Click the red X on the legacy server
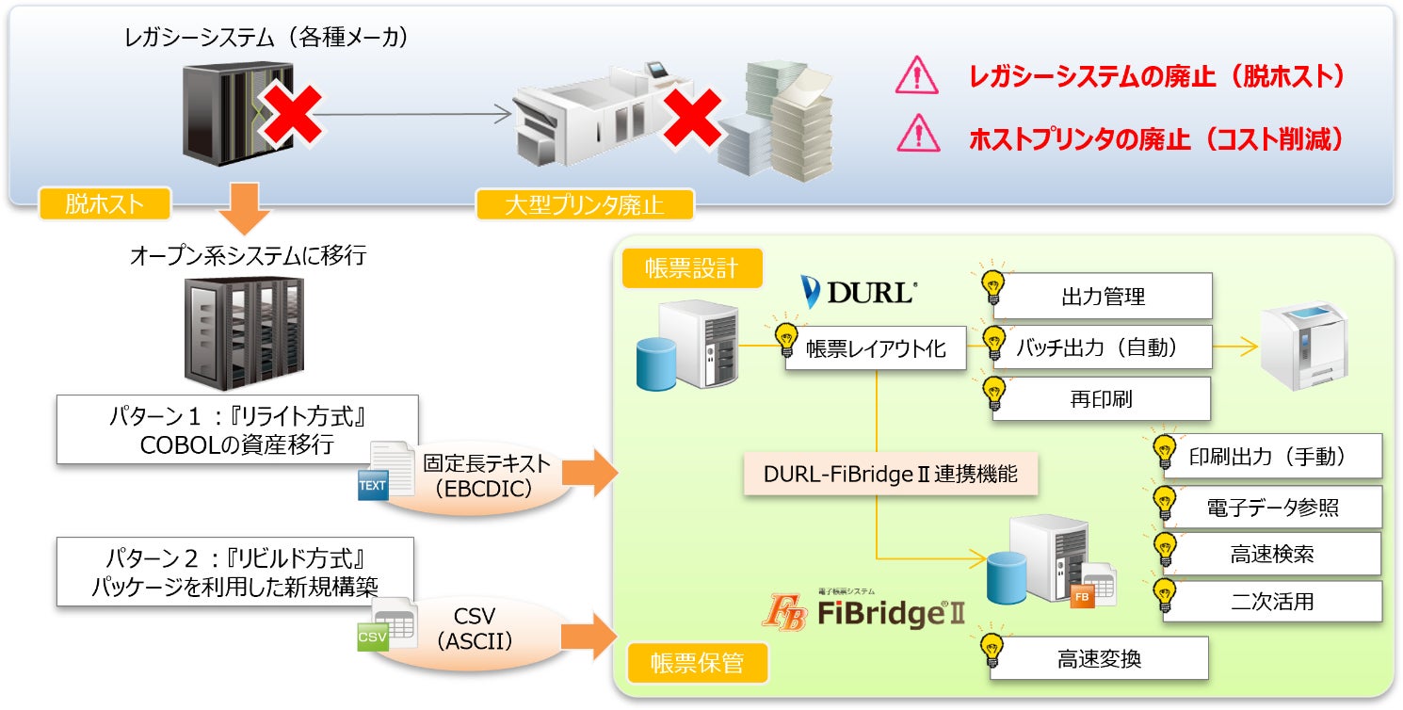292,115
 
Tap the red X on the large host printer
691,119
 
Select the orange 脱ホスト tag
105,203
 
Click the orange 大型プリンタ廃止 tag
585,204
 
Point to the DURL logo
859,292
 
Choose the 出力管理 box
1103,296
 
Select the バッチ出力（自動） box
1103,347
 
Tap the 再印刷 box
1101,398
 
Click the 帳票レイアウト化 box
876,348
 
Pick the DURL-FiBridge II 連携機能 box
890,474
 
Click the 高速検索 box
1272,554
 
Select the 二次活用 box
1272,601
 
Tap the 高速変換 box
1099,658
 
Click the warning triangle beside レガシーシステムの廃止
917,75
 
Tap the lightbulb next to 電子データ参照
1165,502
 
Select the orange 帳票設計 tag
692,268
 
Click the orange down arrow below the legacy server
244,208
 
